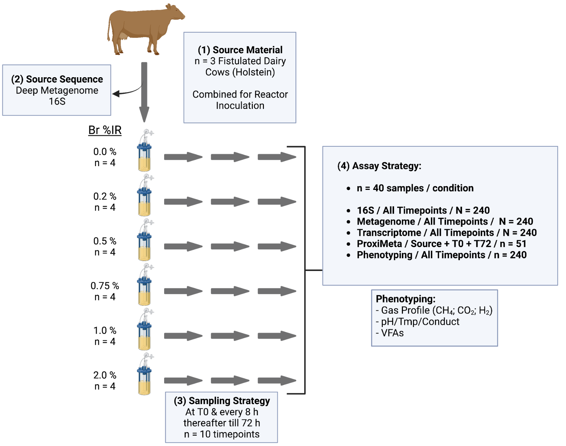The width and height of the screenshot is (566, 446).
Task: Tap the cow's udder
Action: (x=123, y=35)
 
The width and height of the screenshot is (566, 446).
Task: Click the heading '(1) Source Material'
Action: (x=240, y=50)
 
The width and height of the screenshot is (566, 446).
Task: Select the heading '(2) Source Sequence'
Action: (x=57, y=79)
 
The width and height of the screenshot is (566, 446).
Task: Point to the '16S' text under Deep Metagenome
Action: (x=57, y=102)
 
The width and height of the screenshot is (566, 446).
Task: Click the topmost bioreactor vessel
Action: (x=145, y=152)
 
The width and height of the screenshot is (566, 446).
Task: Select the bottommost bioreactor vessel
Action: (x=145, y=375)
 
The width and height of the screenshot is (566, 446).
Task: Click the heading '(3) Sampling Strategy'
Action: (x=222, y=401)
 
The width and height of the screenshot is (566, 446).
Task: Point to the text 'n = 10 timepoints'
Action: (x=222, y=434)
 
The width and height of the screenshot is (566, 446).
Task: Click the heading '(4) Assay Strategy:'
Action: (x=379, y=166)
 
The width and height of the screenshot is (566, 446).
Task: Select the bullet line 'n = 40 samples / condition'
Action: (x=415, y=188)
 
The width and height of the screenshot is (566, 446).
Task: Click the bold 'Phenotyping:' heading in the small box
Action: (x=405, y=299)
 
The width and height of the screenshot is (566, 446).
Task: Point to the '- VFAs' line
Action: (x=390, y=333)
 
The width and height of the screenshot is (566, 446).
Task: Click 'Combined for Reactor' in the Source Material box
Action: (x=240, y=95)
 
